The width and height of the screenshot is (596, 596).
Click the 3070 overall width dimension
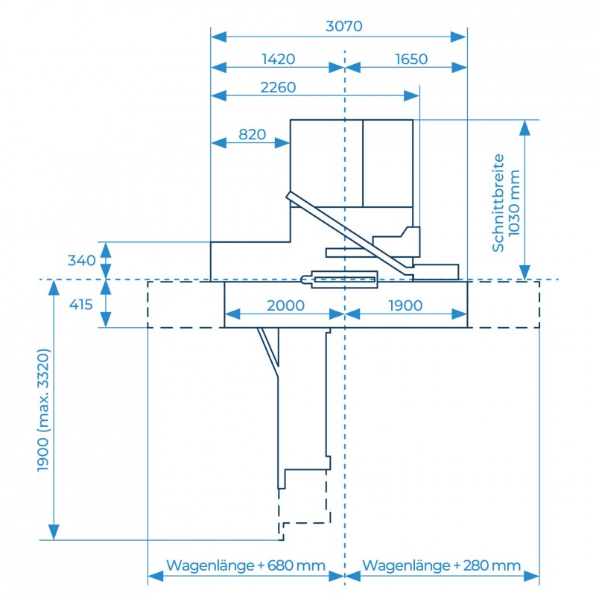pyautogui.click(x=344, y=26)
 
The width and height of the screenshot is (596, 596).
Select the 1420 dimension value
pyautogui.click(x=278, y=60)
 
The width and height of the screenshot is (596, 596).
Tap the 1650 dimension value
pyautogui.click(x=411, y=60)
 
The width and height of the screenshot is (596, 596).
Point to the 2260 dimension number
pyautogui.click(x=278, y=87)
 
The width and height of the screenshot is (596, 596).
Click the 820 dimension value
pyautogui.click(x=253, y=135)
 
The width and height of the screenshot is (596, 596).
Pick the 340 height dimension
pyautogui.click(x=82, y=261)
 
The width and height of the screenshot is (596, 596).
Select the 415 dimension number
pyautogui.click(x=81, y=305)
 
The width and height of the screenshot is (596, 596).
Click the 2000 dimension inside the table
pyautogui.click(x=286, y=305)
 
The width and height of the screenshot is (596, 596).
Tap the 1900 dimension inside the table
pyautogui.click(x=405, y=305)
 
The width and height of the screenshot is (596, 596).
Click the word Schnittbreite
pyautogui.click(x=498, y=203)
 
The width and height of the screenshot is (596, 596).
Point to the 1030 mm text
pyautogui.click(x=514, y=203)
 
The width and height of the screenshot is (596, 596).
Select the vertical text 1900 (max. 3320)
pyautogui.click(x=44, y=410)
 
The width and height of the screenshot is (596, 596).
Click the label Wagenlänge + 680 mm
pyautogui.click(x=246, y=565)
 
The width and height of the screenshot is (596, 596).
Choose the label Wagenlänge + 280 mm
pyautogui.click(x=441, y=565)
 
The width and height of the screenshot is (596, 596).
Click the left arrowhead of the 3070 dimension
pyautogui.click(x=218, y=37)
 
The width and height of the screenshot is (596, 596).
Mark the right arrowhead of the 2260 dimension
pyautogui.click(x=412, y=96)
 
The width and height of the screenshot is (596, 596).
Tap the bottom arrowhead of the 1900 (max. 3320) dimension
pyautogui.click(x=54, y=532)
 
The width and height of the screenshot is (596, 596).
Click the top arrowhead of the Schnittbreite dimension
pyautogui.click(x=525, y=127)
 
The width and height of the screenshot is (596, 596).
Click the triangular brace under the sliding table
pyautogui.click(x=269, y=347)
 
